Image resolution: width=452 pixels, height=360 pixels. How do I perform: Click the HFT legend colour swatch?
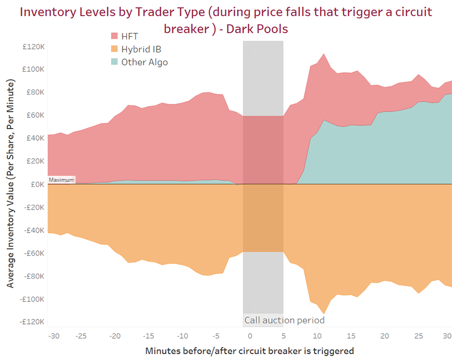click(x=115, y=36)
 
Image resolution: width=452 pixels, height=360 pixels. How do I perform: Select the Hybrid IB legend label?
click(x=142, y=49)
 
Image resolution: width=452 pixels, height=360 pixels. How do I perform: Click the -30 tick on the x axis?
click(x=53, y=336)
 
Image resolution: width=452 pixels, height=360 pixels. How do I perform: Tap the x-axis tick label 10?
click(x=317, y=336)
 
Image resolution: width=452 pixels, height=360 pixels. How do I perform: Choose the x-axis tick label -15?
click(x=149, y=336)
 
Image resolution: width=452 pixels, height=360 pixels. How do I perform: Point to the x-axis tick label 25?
click(x=418, y=336)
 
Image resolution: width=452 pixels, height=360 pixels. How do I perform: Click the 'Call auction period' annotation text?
click(x=284, y=320)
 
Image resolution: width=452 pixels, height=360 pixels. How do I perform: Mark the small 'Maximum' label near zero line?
click(x=61, y=180)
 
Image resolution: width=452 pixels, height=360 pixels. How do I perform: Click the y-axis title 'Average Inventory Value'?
click(x=11, y=183)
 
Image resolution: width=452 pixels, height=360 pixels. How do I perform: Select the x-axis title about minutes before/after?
click(x=249, y=351)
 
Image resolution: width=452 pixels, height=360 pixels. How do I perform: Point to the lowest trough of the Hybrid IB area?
click(x=324, y=314)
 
